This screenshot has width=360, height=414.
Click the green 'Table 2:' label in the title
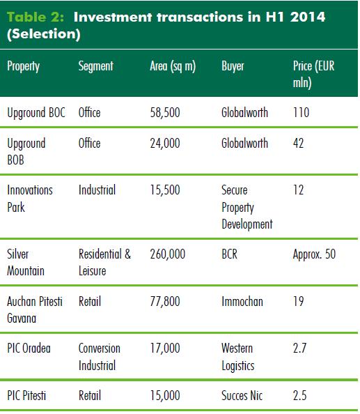(36, 17)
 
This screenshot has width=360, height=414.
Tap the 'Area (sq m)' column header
(173, 66)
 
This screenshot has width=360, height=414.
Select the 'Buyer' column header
(233, 66)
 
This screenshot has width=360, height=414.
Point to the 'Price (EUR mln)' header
(313, 74)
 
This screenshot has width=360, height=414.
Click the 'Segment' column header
(96, 66)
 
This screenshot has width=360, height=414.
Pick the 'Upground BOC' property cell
(36, 113)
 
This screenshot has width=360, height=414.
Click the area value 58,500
(165, 112)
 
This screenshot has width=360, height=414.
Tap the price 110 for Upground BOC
(302, 112)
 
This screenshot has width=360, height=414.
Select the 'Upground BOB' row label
(26, 151)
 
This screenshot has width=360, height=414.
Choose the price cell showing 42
(298, 143)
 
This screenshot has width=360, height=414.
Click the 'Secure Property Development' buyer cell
(247, 207)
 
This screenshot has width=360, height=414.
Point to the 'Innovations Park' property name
(30, 199)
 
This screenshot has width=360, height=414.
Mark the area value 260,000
(168, 254)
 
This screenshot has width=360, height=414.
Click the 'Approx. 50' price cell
(314, 254)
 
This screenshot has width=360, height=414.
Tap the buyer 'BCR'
(230, 254)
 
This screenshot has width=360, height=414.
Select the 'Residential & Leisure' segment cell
(104, 263)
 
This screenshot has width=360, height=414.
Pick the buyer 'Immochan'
(242, 302)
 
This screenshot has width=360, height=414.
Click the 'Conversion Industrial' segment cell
(100, 357)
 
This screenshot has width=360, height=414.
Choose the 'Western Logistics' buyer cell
(238, 357)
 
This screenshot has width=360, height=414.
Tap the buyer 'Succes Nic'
(242, 395)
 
